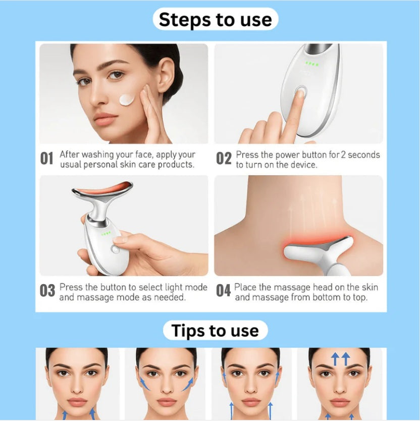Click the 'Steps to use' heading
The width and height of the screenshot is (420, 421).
coord(215,20)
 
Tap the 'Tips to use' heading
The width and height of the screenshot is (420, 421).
coord(215,331)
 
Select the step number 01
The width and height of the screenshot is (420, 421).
coord(46,159)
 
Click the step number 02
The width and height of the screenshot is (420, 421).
coord(224,159)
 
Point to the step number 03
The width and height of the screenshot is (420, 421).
coord(47,291)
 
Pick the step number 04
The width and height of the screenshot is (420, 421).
coord(224,291)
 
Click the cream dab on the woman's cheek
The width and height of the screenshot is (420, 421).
coord(127,98)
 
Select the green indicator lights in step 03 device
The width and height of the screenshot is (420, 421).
coord(106,234)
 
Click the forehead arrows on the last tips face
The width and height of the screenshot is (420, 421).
coord(340,359)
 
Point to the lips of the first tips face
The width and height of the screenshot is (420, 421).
coord(77,402)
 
